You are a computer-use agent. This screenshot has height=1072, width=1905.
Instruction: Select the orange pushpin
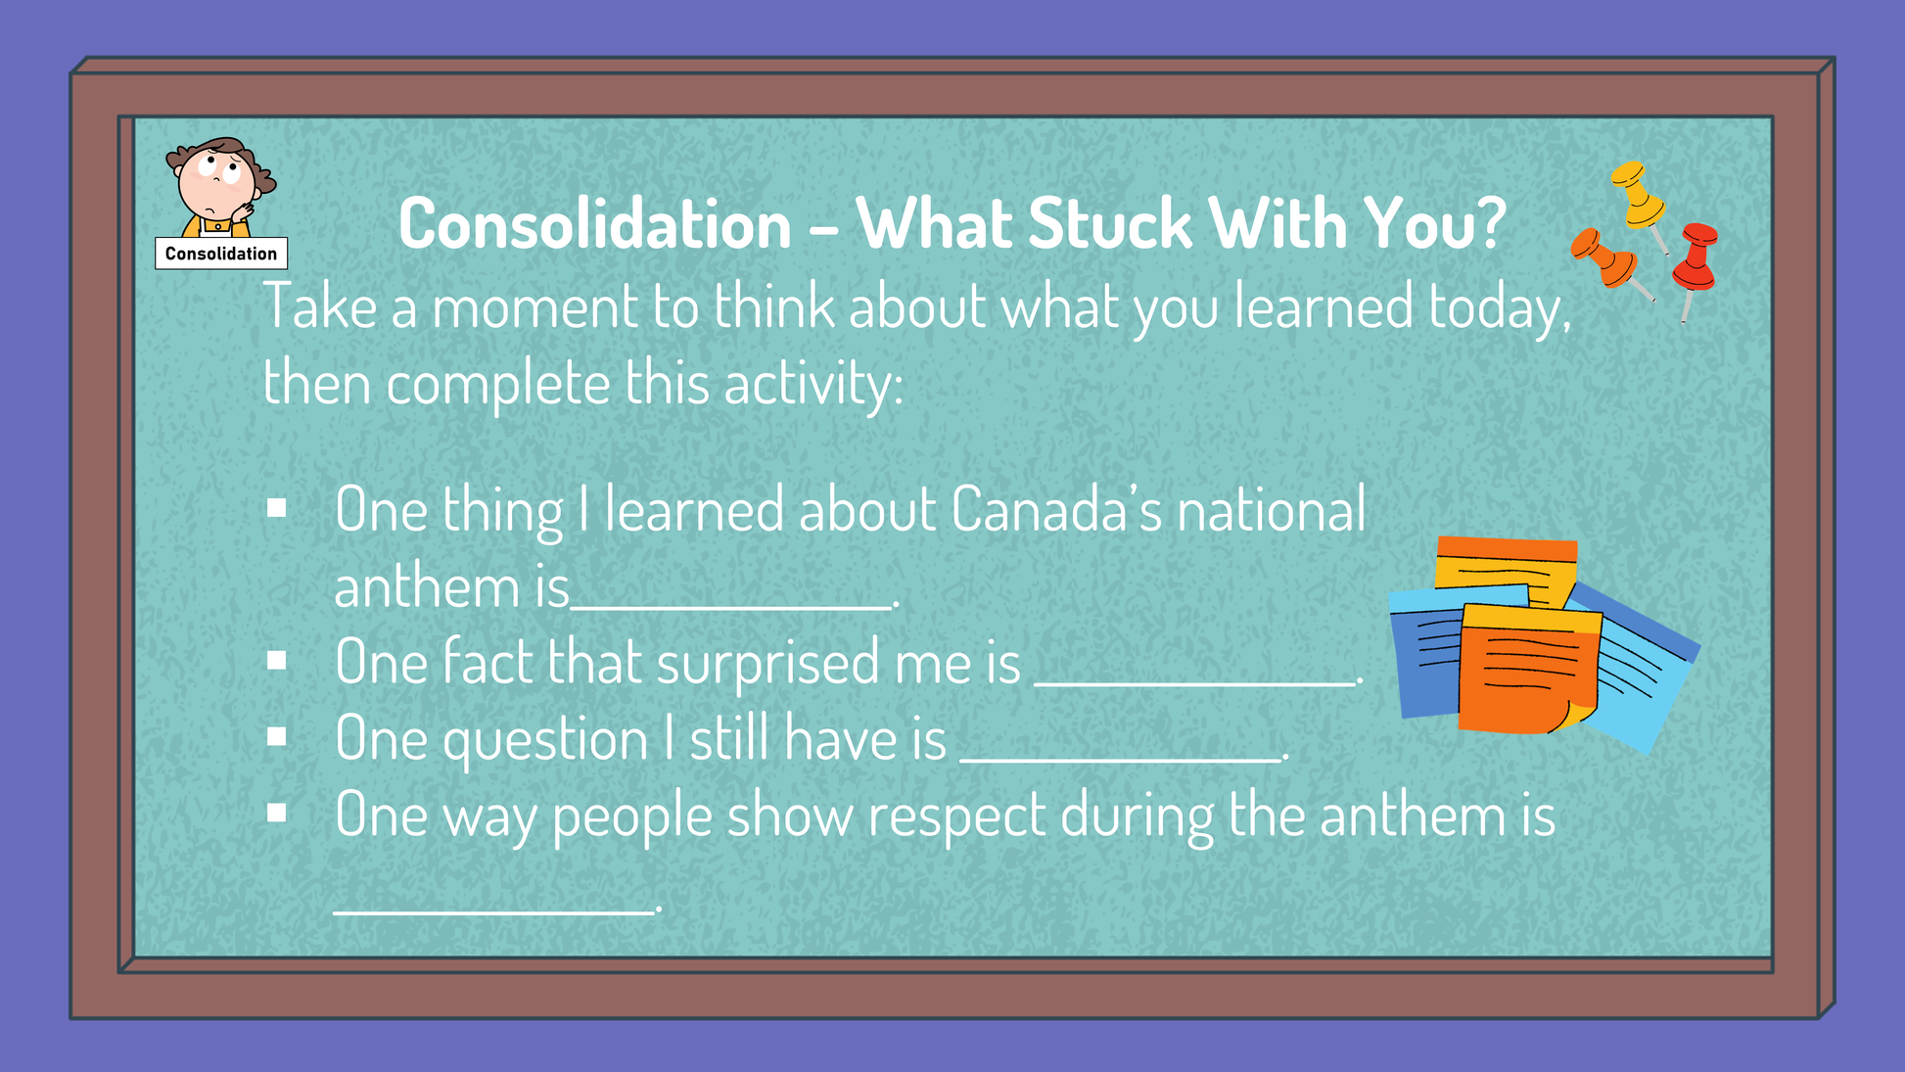[1606, 261]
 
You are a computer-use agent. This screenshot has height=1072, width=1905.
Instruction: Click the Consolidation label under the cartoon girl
[221, 254]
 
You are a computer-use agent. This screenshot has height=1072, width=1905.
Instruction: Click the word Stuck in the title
[1110, 224]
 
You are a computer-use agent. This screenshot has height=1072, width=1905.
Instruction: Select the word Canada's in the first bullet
[1056, 510]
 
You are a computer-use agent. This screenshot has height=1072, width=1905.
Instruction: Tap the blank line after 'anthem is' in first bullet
[732, 607]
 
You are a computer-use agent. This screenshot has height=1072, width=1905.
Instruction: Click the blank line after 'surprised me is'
[1196, 683]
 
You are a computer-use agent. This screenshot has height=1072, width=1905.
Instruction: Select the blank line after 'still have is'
[1121, 759]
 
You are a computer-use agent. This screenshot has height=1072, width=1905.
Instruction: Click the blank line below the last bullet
[494, 911]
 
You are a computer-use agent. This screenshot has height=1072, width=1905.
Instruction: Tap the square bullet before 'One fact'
[277, 661]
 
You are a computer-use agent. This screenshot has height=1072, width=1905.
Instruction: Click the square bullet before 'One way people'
[277, 813]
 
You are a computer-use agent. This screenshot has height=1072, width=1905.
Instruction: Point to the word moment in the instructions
[534, 306]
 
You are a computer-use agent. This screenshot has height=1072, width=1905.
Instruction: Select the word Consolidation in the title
[595, 224]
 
